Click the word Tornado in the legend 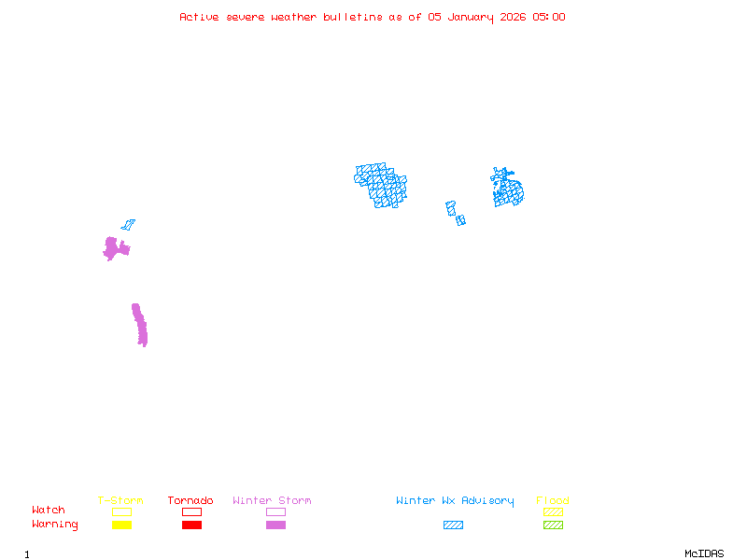point(190,501)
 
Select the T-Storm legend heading point(120,501)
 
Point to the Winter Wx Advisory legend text point(455,501)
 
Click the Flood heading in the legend point(553,501)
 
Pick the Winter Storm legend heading point(272,501)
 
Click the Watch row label point(49,511)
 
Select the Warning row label point(55,525)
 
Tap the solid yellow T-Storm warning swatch point(121,525)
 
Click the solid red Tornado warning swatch point(191,525)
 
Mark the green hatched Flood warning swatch point(553,525)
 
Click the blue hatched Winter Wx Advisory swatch point(453,525)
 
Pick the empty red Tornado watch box point(191,511)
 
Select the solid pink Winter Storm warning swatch point(275,525)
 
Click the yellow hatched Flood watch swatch point(553,511)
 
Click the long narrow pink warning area point(140,325)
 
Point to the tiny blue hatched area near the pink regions point(128,225)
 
